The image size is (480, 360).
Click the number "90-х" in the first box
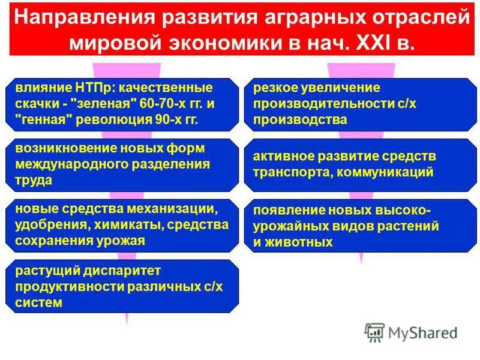(160, 119)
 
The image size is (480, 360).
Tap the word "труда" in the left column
(34, 179)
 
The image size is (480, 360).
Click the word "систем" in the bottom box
(39, 303)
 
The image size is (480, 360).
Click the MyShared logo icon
(374, 332)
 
